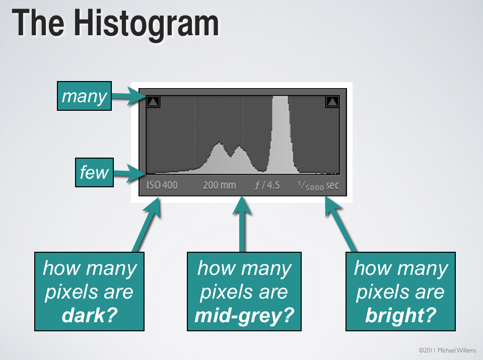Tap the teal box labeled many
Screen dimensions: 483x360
click(84, 96)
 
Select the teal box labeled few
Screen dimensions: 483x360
click(94, 172)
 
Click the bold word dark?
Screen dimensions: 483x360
click(90, 315)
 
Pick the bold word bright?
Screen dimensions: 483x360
click(400, 316)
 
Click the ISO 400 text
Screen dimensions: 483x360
click(162, 185)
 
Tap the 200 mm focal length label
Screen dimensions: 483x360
click(219, 185)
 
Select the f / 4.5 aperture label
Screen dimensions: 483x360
click(267, 185)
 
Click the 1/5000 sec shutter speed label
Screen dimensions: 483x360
click(318, 186)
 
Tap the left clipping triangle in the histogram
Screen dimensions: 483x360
click(153, 101)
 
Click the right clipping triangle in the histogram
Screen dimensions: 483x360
click(332, 101)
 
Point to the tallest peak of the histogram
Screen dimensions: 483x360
click(281, 97)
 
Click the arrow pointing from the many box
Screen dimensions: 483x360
click(126, 96)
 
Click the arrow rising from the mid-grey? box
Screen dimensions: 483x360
click(242, 224)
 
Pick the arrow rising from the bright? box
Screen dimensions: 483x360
click(340, 224)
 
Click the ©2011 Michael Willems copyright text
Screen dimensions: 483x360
click(447, 350)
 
